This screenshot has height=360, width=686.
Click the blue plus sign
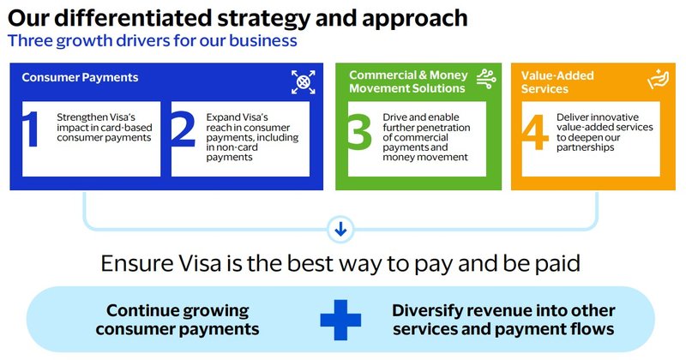click(341, 319)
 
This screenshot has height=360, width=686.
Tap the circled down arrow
click(341, 229)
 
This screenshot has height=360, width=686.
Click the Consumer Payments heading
click(80, 77)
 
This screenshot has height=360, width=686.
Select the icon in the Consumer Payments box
click(304, 81)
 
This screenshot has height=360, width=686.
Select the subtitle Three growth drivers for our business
click(153, 40)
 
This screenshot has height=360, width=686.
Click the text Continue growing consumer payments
click(178, 319)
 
